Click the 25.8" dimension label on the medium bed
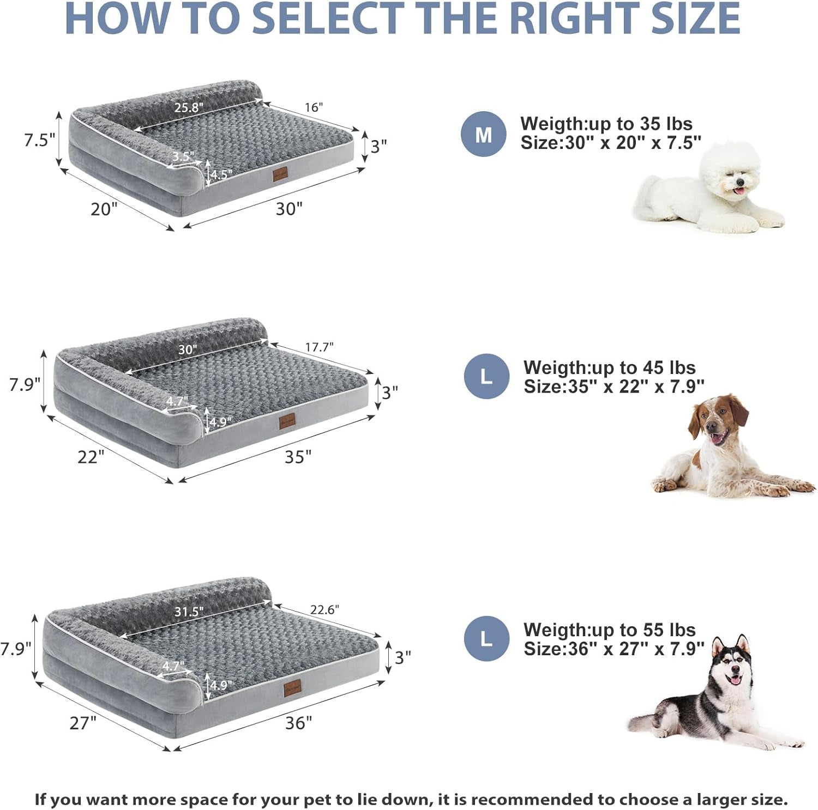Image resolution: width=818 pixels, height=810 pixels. (189, 107)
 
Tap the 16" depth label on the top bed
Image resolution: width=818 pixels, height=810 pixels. (314, 107)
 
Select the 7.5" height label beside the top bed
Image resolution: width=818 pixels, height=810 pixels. (39, 140)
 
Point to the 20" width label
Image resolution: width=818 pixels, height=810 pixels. (104, 209)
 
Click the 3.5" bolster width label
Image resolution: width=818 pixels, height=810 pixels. (183, 156)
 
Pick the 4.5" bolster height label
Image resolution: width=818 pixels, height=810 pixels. (221, 174)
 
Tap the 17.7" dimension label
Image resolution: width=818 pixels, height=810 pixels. (319, 347)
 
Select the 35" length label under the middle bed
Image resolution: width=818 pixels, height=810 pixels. (298, 457)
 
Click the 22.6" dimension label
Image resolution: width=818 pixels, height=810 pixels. (324, 610)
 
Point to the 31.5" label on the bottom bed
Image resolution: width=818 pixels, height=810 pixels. (189, 612)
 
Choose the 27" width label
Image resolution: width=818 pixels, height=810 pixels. (83, 723)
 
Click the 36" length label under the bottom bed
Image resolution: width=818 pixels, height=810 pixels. (298, 723)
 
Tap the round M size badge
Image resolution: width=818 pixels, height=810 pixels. (483, 134)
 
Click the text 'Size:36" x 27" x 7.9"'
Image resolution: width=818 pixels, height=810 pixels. (613, 649)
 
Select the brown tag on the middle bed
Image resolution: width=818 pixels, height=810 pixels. (286, 421)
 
